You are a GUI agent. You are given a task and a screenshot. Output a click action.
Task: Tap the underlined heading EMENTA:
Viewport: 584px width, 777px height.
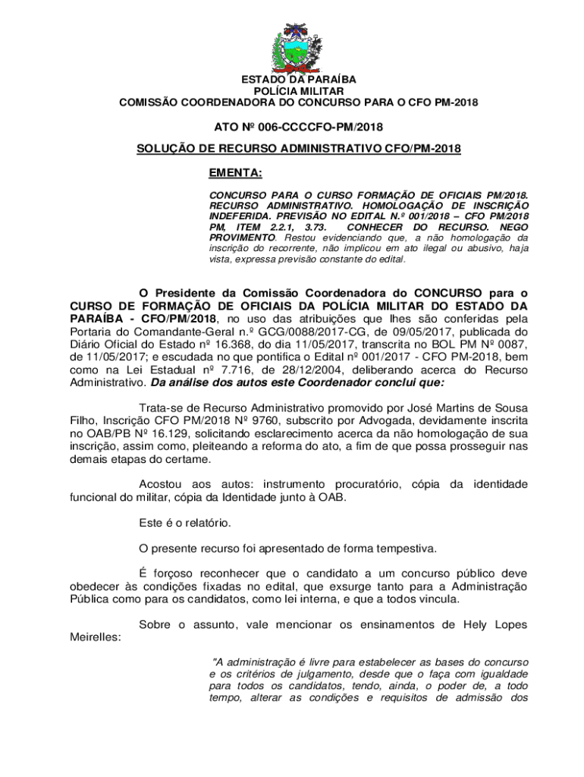(x=235, y=173)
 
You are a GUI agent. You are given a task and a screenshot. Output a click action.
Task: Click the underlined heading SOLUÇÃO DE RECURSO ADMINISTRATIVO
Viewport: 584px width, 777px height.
(x=298, y=149)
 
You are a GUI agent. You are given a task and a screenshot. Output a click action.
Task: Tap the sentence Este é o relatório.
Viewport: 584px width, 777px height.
(x=184, y=523)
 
